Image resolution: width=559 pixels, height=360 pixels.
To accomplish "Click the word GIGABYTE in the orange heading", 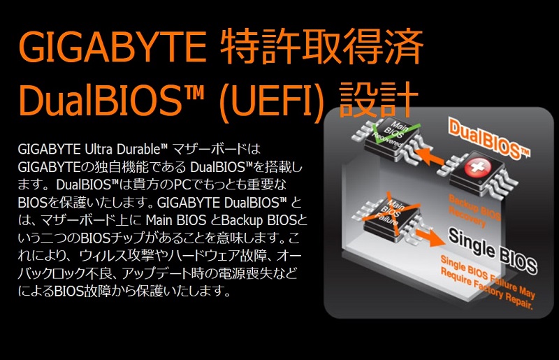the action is (112, 47).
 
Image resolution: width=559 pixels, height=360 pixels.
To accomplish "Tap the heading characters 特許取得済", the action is (322, 47).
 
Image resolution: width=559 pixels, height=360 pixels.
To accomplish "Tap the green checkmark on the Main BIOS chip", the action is (394, 132).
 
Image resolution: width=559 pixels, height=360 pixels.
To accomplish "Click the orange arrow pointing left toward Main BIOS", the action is (430, 157).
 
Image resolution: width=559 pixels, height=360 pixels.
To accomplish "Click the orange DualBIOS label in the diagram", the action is (488, 139).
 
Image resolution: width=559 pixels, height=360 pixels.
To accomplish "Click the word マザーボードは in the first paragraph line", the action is (216, 149).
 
